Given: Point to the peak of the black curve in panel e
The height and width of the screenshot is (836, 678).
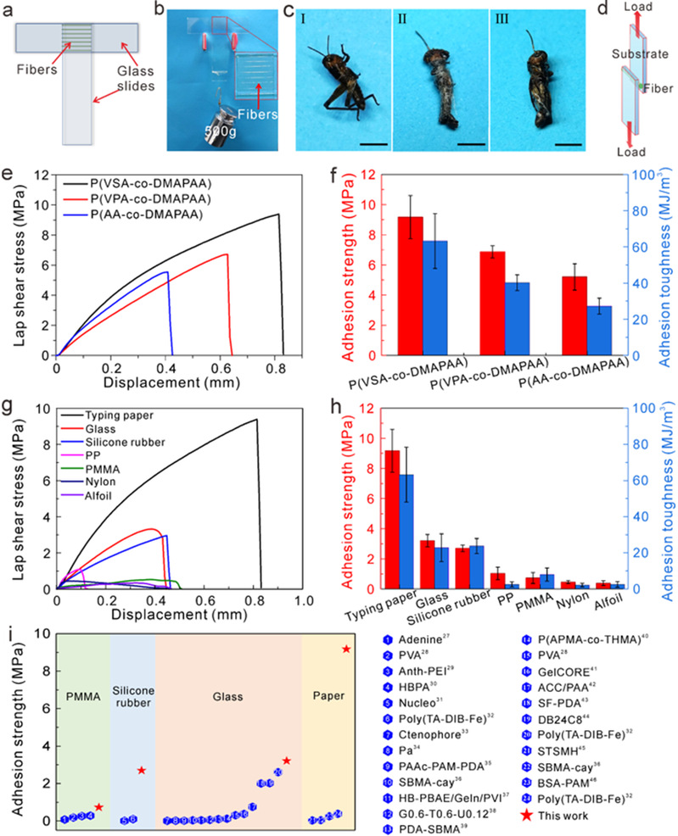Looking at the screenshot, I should pyautogui.click(x=278, y=215).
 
